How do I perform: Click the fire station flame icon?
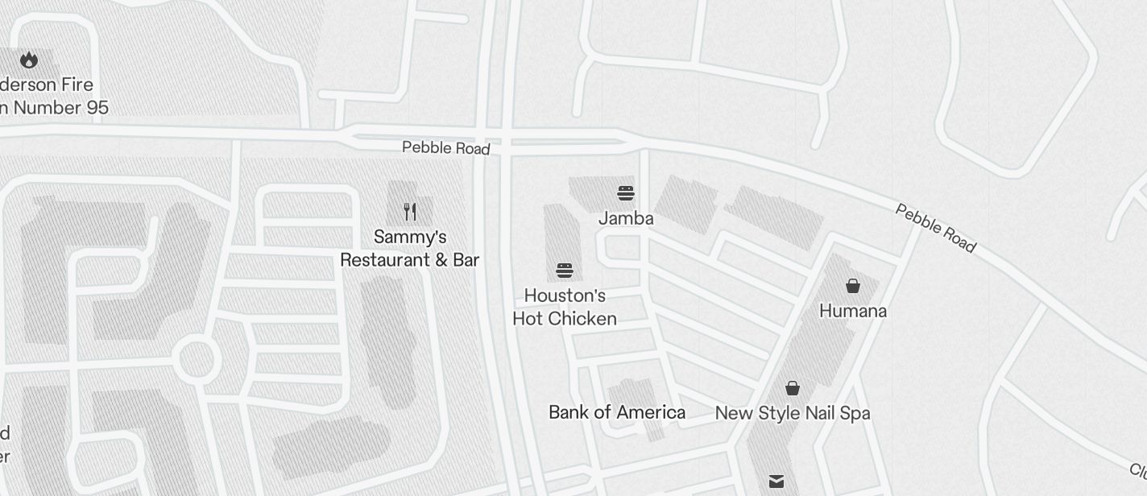(x=29, y=60)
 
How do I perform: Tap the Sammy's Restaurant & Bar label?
(x=409, y=248)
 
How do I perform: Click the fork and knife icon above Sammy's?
(x=410, y=212)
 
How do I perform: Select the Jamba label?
(x=626, y=218)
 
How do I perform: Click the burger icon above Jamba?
(x=626, y=193)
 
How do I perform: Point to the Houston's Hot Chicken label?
(x=565, y=307)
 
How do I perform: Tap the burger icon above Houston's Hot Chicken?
(x=564, y=270)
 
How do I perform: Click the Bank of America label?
(x=617, y=413)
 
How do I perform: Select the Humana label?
(x=853, y=311)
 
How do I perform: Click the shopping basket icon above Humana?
(x=853, y=286)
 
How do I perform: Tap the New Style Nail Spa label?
(x=793, y=414)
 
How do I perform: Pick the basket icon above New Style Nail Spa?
(x=793, y=389)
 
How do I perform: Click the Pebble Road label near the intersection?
(x=445, y=148)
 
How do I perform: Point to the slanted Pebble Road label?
(x=936, y=228)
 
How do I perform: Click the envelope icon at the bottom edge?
(x=776, y=482)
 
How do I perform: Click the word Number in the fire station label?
(x=48, y=108)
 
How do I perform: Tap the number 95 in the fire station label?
(x=97, y=108)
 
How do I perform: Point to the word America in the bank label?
(x=649, y=413)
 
